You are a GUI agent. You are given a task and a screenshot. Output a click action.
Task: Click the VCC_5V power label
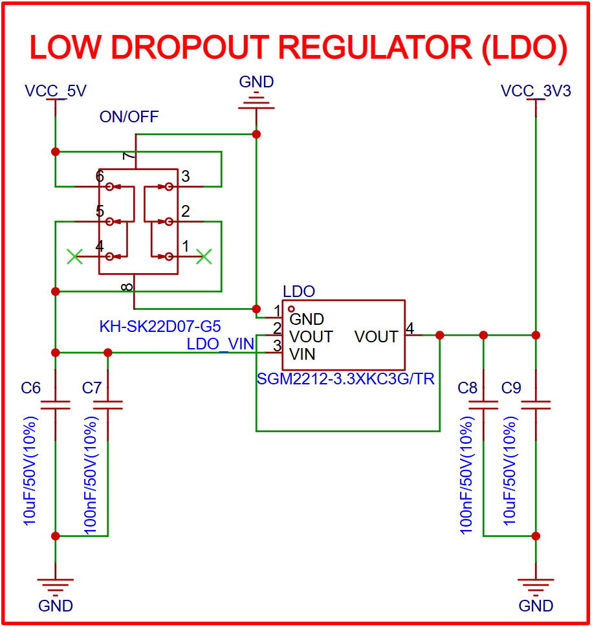coord(55,91)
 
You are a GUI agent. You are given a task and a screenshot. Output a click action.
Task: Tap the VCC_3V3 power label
coord(536,91)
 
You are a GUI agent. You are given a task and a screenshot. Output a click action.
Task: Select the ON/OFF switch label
coord(129,116)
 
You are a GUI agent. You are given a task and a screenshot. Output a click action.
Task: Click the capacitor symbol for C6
coord(55,405)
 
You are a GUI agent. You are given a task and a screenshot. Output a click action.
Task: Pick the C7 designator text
coord(92,388)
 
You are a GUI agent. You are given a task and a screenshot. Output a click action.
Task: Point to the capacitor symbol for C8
coord(483,405)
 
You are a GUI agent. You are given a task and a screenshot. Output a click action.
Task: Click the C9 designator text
coord(511,388)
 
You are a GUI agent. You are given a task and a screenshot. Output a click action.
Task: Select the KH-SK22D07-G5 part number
coord(160,325)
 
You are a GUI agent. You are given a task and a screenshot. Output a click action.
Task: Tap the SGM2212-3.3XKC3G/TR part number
coord(345,379)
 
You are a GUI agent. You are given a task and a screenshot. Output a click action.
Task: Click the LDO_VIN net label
coord(220,344)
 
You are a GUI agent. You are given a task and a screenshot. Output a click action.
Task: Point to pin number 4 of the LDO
coord(410,329)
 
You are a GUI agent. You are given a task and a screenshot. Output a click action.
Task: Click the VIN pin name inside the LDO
coord(303,354)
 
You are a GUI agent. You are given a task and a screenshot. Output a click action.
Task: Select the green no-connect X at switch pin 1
coord(204,257)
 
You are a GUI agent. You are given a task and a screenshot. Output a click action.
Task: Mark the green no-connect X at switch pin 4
coord(75,257)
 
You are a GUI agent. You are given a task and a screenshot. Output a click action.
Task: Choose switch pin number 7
coord(128,157)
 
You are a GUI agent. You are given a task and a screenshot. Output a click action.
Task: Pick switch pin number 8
coord(128,286)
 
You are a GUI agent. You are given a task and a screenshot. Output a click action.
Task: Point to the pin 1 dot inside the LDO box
coord(291,309)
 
